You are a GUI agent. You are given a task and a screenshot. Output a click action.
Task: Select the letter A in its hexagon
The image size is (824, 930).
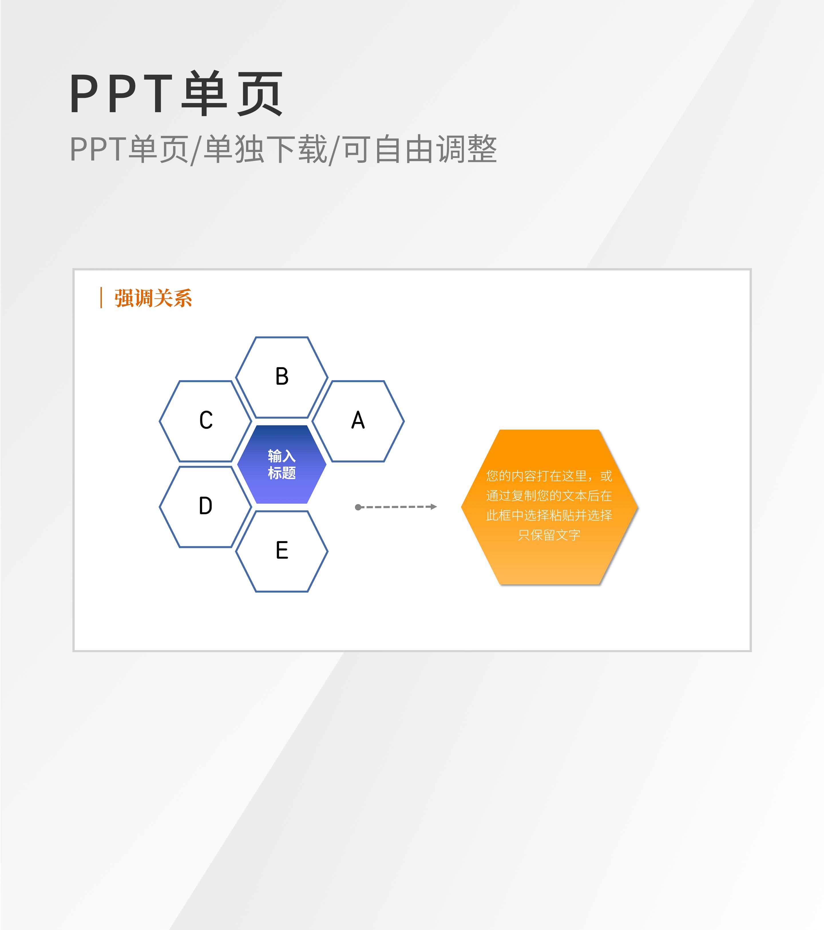click(x=358, y=420)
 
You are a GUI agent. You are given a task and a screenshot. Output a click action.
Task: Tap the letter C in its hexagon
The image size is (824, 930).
click(x=206, y=420)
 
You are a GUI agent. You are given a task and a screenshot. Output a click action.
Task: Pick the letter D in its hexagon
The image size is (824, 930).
click(x=206, y=506)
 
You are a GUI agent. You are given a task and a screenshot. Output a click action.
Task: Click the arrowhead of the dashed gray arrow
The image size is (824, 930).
click(x=434, y=507)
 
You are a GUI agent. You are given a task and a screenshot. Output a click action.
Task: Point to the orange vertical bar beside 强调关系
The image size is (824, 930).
click(x=101, y=298)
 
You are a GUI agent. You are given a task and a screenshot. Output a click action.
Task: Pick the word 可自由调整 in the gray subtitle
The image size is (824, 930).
click(x=420, y=149)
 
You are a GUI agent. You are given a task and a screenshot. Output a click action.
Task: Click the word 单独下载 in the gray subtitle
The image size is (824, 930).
click(x=265, y=149)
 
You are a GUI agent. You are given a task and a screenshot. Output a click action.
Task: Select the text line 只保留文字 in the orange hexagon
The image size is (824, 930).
click(x=549, y=535)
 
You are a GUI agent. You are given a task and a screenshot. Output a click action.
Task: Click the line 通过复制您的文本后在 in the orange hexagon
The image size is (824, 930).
click(x=549, y=496)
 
